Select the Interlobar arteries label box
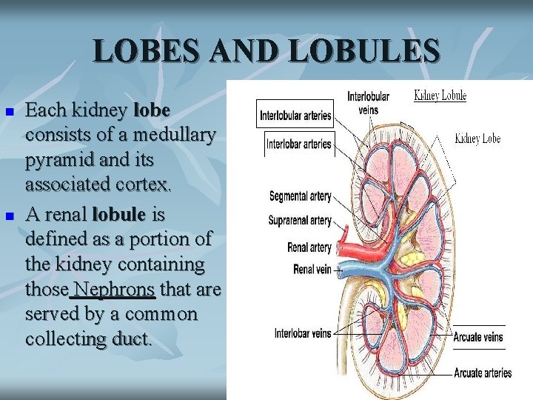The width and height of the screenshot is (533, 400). (x=298, y=143)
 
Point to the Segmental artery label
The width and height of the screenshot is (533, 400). (x=300, y=196)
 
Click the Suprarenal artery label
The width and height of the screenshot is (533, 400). (x=300, y=221)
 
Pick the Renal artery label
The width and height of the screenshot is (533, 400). (x=309, y=247)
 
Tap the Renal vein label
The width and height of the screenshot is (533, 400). (x=312, y=270)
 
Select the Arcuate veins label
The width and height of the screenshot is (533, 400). (x=478, y=337)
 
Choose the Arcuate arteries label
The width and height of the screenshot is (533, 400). (x=483, y=373)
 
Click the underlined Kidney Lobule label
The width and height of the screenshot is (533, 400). (x=440, y=96)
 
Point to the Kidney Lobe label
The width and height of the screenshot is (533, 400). (x=477, y=139)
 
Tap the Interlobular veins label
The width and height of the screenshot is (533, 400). (x=368, y=103)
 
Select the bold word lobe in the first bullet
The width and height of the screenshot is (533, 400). (x=152, y=111)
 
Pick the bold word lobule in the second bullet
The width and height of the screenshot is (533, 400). (x=118, y=215)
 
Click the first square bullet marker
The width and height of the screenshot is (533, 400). (x=10, y=112)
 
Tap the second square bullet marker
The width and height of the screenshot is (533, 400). (x=10, y=216)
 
